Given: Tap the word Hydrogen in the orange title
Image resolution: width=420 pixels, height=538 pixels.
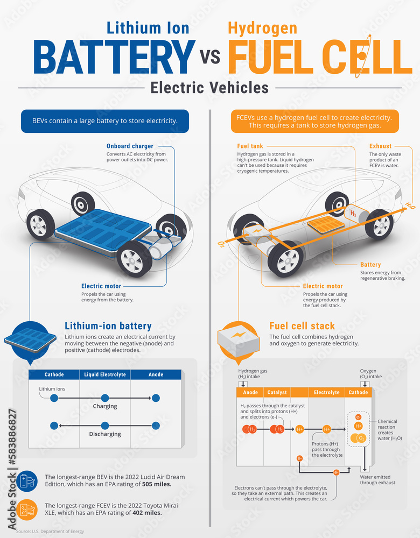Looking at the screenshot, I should [262, 27].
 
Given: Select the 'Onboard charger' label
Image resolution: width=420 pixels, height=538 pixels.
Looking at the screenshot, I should [130, 146].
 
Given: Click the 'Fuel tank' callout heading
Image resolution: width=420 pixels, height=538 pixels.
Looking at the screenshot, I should [250, 146].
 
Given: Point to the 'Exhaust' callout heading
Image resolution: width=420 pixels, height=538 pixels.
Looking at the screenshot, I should [380, 146].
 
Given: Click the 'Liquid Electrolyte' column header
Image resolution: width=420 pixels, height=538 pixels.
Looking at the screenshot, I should [105, 374].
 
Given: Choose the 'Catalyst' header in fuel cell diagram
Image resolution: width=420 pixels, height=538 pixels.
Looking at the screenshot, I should [277, 392].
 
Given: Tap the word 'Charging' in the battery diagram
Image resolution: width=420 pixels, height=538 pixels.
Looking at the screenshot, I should [105, 406].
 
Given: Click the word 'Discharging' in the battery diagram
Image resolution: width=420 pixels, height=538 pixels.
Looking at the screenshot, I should [105, 434].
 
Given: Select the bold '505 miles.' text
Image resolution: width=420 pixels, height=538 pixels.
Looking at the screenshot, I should [155, 484].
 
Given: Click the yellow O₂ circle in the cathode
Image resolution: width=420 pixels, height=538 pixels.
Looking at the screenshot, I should [361, 438].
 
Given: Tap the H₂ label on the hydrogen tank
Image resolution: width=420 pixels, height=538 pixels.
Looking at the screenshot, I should [353, 214].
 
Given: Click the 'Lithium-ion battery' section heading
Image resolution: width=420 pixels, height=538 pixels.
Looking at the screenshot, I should [108, 326].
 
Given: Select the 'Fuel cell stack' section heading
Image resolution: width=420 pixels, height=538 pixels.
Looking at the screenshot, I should [302, 326].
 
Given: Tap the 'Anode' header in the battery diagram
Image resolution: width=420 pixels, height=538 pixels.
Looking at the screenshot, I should [156, 374].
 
